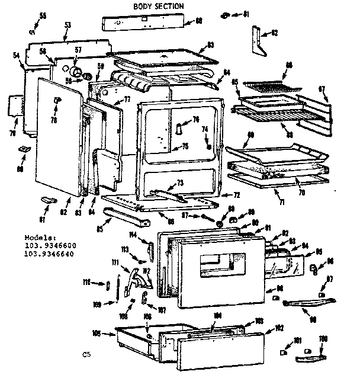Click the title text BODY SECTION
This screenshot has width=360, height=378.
coord(158,6)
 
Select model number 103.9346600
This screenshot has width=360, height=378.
coord(51,244)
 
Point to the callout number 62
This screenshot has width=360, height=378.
coord(274,33)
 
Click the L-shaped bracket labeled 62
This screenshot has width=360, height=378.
coord(256,39)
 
